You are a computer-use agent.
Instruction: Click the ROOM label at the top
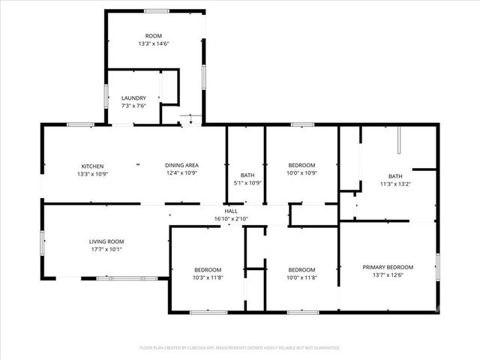pos(154,36)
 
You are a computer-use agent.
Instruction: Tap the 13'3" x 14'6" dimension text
pos(154,44)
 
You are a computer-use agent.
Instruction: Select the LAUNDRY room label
pos(133,97)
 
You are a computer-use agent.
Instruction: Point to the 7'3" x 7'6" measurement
pos(133,106)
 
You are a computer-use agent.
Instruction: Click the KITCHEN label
pos(92,166)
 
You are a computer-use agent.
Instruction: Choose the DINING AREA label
pos(181,166)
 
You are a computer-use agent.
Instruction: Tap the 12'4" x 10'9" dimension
pos(181,174)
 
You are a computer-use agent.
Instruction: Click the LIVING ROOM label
pos(105,241)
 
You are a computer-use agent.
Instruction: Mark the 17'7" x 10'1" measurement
pos(105,250)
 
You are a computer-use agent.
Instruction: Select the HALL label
pos(231,211)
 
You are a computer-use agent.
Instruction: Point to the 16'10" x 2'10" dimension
pos(231,219)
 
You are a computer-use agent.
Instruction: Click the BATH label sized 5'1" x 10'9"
pos(247,175)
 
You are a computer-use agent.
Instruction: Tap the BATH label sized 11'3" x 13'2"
pos(394,175)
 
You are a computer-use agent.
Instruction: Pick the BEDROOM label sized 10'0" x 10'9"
pos(301,166)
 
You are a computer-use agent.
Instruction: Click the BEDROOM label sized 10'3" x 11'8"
pos(208,270)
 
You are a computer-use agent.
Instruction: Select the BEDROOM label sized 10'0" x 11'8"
pos(301,270)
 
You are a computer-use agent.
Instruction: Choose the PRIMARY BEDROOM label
pos(388,267)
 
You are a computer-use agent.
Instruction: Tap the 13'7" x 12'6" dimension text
pos(388,275)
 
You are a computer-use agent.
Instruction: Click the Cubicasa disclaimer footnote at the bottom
pos(240,348)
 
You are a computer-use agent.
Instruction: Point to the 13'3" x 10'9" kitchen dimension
pos(92,174)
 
